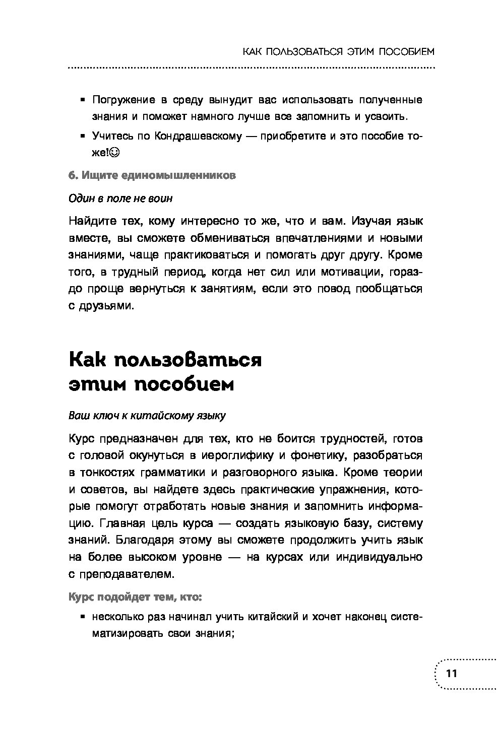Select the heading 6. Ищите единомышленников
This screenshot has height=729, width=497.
(x=152, y=175)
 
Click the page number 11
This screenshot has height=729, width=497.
(x=451, y=674)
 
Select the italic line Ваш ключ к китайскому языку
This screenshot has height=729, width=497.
(x=147, y=416)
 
